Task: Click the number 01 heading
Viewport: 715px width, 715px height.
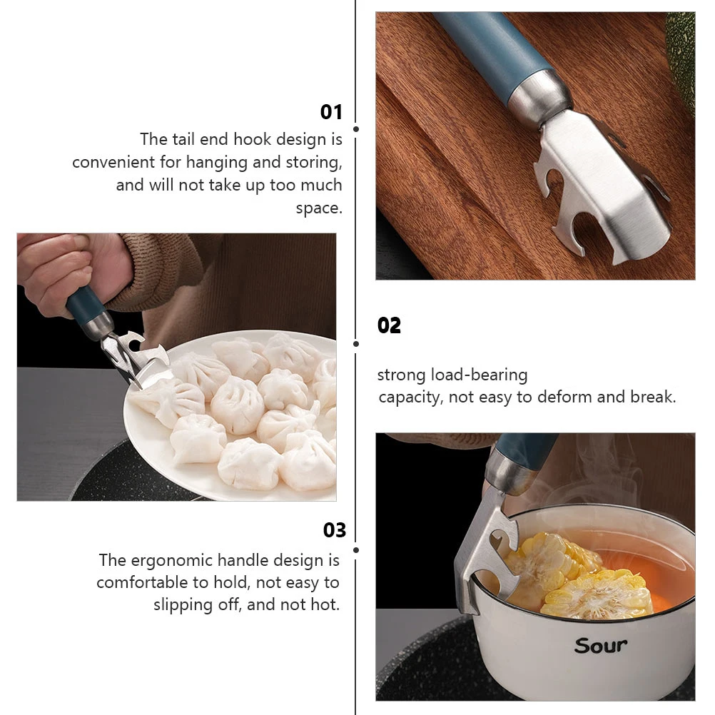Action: (x=331, y=112)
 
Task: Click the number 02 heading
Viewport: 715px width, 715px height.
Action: (x=389, y=325)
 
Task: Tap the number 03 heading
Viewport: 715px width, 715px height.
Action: (x=334, y=530)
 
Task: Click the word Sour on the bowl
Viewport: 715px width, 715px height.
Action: (x=601, y=645)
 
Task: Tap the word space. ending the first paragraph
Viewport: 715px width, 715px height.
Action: (x=319, y=208)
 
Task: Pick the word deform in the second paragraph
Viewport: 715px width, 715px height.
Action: (x=567, y=397)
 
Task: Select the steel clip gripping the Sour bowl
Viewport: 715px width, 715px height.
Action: (x=485, y=549)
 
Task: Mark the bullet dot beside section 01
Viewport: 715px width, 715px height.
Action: (x=355, y=129)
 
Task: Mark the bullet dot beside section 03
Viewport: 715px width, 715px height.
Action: (x=355, y=549)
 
